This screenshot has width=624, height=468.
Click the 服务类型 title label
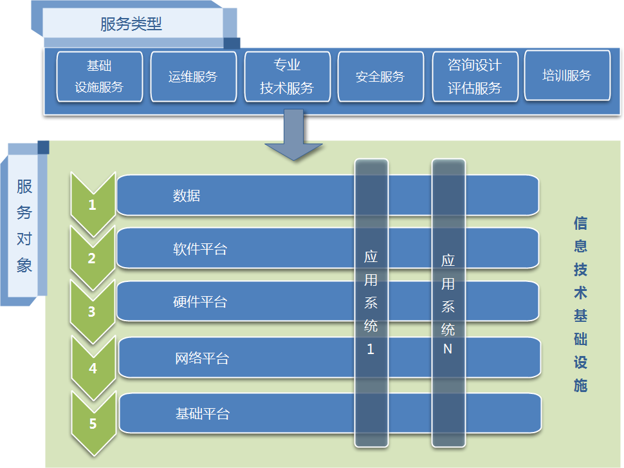pos(131,24)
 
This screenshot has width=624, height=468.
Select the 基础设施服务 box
pos(100,77)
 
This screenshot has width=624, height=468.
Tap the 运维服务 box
pos(194,77)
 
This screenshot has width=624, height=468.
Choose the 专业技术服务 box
pos(288,77)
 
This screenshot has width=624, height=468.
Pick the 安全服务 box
pos(380,77)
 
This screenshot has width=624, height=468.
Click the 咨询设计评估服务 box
pos(475,77)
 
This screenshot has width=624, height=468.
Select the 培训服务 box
pos(567,75)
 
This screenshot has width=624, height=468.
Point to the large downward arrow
pos(294,135)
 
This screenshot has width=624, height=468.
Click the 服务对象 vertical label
pos(24,226)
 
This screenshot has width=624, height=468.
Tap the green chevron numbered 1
pos(93,204)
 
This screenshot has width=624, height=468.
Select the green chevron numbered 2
pos(93,258)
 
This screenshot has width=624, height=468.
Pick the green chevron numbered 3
pos(93,312)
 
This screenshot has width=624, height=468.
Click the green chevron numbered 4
pos(93,368)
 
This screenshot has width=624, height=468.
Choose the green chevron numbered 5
pos(93,424)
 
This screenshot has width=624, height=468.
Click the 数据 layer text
pos(187,196)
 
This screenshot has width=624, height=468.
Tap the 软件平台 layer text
pos(200,249)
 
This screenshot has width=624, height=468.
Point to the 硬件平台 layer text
pos(200,302)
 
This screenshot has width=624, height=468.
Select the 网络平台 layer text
pos(202,359)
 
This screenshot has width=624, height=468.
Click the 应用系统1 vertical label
pos(371,303)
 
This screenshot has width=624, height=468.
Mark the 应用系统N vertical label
pos(448,304)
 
